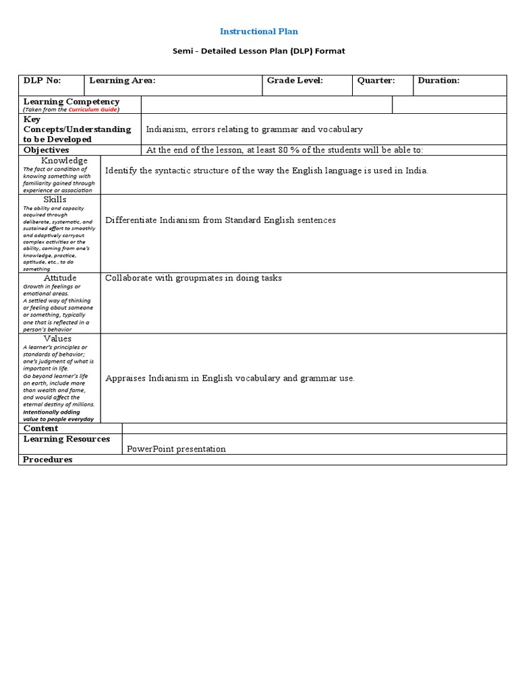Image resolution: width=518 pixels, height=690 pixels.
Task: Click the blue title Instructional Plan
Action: [259, 31]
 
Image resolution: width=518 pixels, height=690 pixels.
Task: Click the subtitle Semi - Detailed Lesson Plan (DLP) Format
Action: [259, 51]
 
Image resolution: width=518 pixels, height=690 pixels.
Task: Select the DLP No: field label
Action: [42, 81]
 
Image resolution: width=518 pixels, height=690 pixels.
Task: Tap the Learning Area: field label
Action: [122, 81]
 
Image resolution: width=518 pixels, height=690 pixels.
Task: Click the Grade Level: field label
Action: [295, 81]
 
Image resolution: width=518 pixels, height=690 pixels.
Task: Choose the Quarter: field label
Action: [376, 81]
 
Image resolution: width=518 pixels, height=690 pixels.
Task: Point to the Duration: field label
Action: [438, 81]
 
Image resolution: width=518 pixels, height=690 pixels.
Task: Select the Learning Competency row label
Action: [71, 102]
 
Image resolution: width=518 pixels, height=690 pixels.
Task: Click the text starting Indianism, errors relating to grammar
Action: [254, 129]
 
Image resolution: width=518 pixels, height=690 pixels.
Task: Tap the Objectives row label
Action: [47, 150]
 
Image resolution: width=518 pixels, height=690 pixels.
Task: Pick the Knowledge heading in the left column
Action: [64, 160]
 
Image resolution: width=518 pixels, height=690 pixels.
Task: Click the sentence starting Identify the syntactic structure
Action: [266, 171]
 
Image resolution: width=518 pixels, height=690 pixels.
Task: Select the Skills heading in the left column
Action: [55, 199]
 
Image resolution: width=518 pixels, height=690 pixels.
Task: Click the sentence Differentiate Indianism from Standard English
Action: [221, 220]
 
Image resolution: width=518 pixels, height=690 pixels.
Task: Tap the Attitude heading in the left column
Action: [60, 278]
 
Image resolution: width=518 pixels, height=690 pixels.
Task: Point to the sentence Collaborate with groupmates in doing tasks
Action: [194, 278]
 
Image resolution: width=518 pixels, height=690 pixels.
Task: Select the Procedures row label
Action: [48, 460]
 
